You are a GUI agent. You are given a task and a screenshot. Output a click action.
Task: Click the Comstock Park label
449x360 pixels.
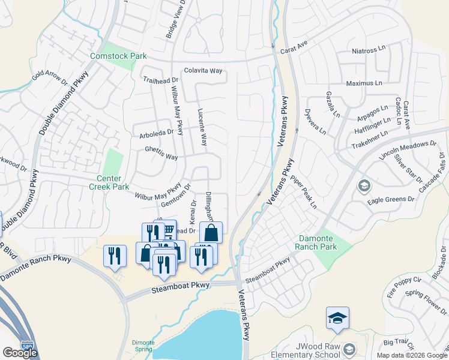[x=118, y=56]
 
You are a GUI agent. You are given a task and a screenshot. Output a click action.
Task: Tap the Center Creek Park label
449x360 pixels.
[x=113, y=183]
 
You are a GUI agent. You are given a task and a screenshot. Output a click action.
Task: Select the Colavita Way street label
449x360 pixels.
[x=203, y=70]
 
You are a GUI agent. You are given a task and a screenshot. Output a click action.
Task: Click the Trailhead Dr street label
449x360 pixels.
[x=160, y=79]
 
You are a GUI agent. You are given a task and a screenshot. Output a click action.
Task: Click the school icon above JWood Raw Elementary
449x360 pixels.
[x=337, y=318]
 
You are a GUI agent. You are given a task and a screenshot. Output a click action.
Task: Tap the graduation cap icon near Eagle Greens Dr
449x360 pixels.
[x=364, y=186]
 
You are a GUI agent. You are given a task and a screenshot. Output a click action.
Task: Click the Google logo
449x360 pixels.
[x=20, y=353]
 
